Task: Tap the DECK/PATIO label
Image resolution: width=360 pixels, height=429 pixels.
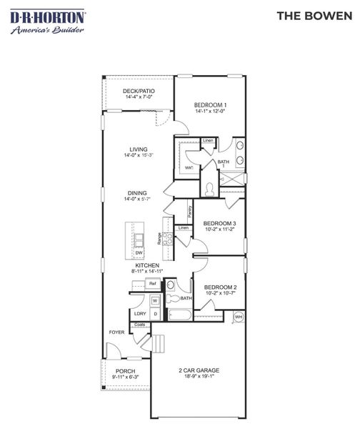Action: pyautogui.click(x=139, y=91)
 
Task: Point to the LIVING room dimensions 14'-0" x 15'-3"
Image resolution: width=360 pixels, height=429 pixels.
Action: pyautogui.click(x=139, y=155)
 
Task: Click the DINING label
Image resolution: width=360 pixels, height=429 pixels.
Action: pyautogui.click(x=138, y=192)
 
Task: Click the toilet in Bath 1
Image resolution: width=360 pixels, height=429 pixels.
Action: pyautogui.click(x=209, y=189)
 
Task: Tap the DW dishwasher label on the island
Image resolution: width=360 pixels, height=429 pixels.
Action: pyautogui.click(x=139, y=252)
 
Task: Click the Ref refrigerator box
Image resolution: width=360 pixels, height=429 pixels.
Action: pyautogui.click(x=152, y=284)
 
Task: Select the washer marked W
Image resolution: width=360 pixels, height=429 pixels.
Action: pyautogui.click(x=154, y=301)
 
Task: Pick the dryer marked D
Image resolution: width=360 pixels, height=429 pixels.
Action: pyautogui.click(x=154, y=314)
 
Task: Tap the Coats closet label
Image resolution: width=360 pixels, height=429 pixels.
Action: pyautogui.click(x=140, y=325)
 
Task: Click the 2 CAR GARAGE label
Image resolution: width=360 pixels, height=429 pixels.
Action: pyautogui.click(x=199, y=370)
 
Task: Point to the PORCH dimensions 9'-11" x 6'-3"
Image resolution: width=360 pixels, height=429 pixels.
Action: pyautogui.click(x=125, y=378)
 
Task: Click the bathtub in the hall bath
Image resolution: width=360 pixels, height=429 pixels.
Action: pyautogui.click(x=179, y=315)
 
